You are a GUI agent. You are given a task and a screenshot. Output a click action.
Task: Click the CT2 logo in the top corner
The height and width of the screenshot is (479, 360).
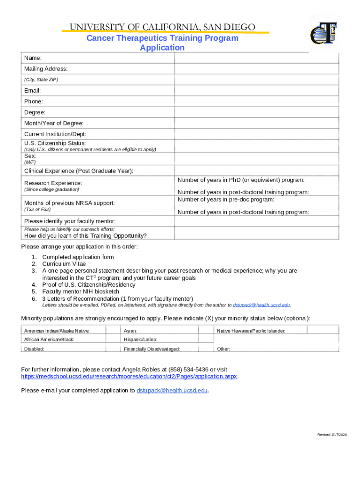(x=324, y=34)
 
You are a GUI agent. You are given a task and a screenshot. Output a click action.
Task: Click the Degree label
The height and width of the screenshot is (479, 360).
(x=35, y=113)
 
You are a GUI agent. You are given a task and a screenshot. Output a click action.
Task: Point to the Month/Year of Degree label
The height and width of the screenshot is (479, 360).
(x=54, y=123)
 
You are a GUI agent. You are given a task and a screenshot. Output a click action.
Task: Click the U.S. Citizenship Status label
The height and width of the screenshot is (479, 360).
(x=55, y=143)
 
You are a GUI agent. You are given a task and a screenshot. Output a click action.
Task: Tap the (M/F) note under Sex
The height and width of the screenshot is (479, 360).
(x=30, y=162)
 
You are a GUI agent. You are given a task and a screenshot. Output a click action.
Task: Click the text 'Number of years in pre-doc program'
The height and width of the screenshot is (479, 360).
(x=226, y=200)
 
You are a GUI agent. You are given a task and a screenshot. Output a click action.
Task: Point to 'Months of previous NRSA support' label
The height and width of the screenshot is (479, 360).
(x=70, y=203)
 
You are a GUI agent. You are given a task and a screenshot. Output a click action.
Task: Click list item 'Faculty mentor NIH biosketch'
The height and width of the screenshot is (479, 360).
(x=80, y=291)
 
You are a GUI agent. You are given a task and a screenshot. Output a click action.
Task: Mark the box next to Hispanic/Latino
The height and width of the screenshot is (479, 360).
(x=206, y=339)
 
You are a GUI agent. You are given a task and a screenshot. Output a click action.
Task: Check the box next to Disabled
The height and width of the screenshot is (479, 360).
(x=113, y=348)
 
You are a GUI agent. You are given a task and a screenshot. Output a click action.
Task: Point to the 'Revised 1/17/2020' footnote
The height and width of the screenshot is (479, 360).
(x=332, y=435)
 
